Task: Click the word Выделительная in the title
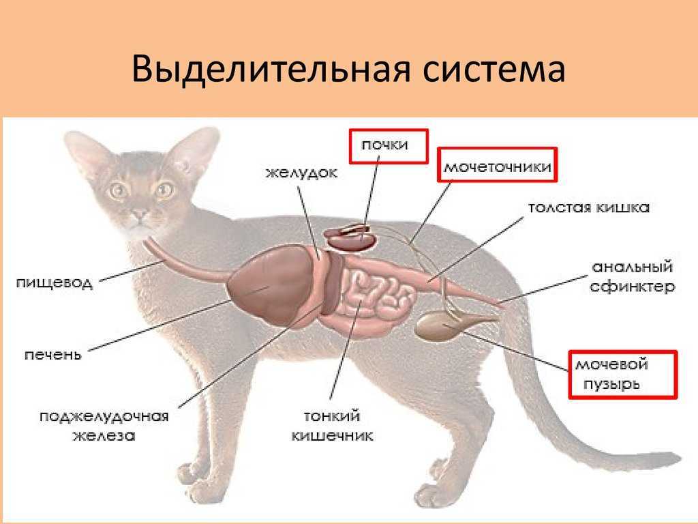click(271, 69)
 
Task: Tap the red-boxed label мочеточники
click(498, 165)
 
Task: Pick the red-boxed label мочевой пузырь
click(623, 375)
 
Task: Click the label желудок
click(302, 173)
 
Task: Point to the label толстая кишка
click(588, 207)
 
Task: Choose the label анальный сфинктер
click(632, 276)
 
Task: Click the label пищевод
click(55, 283)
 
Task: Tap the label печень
click(53, 355)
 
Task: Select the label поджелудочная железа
click(104, 426)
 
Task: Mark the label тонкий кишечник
click(332, 426)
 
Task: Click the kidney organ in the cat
click(350, 237)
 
